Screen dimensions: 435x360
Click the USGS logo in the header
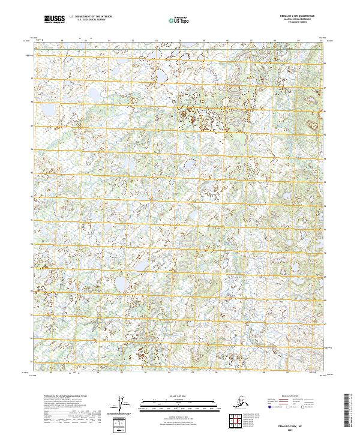click(55, 20)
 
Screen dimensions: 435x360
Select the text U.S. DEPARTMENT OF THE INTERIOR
click(90, 17)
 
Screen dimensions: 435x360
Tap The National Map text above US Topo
click(181, 17)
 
